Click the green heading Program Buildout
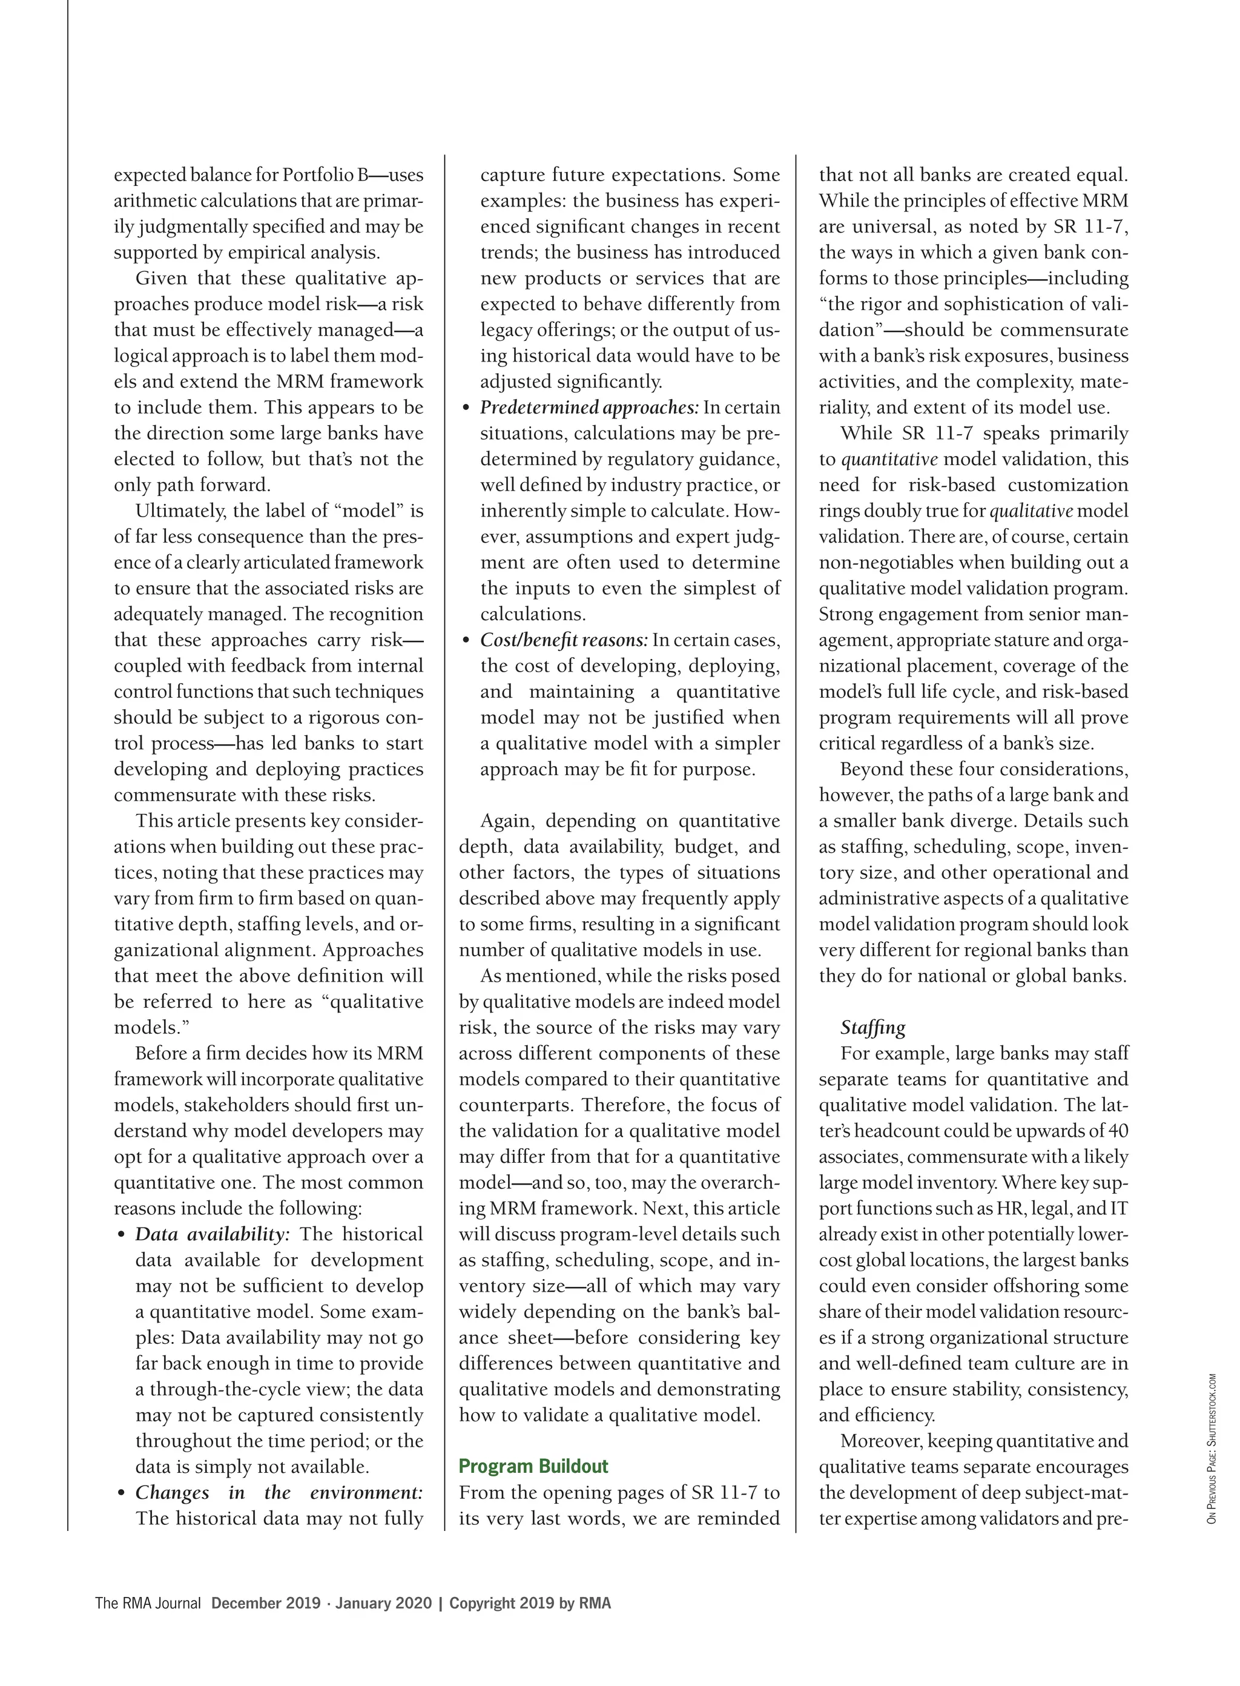point(533,1466)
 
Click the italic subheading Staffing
point(872,1028)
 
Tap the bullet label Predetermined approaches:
point(589,408)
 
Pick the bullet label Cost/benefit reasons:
point(564,640)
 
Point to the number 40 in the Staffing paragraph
point(1118,1131)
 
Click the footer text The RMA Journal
point(148,1604)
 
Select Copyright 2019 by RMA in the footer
point(530,1604)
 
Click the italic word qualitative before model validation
point(1031,511)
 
